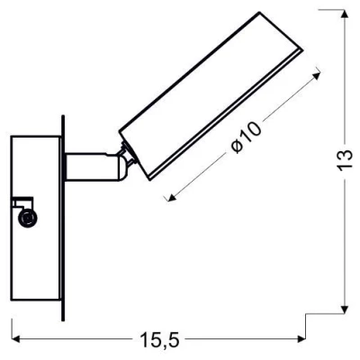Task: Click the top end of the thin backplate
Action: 62,118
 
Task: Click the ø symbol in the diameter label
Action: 236,147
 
